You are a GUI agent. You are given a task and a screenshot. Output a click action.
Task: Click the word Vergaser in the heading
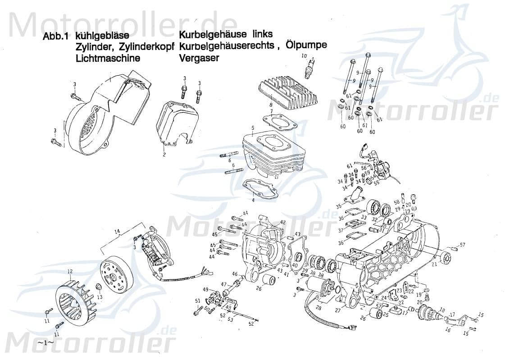point(199,58)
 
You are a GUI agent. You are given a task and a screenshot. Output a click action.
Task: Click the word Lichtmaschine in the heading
point(108,58)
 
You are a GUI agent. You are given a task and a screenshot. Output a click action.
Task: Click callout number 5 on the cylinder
point(253,128)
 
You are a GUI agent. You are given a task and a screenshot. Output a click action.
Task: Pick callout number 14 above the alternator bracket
point(117,232)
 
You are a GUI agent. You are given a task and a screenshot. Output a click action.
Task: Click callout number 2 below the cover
point(164,155)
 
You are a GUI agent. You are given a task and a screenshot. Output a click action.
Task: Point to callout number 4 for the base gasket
point(254,200)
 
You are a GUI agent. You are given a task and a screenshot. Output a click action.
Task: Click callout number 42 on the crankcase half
point(283,222)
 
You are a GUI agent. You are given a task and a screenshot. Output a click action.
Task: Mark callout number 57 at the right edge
point(462,245)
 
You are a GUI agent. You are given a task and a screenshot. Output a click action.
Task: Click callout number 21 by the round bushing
point(434,265)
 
